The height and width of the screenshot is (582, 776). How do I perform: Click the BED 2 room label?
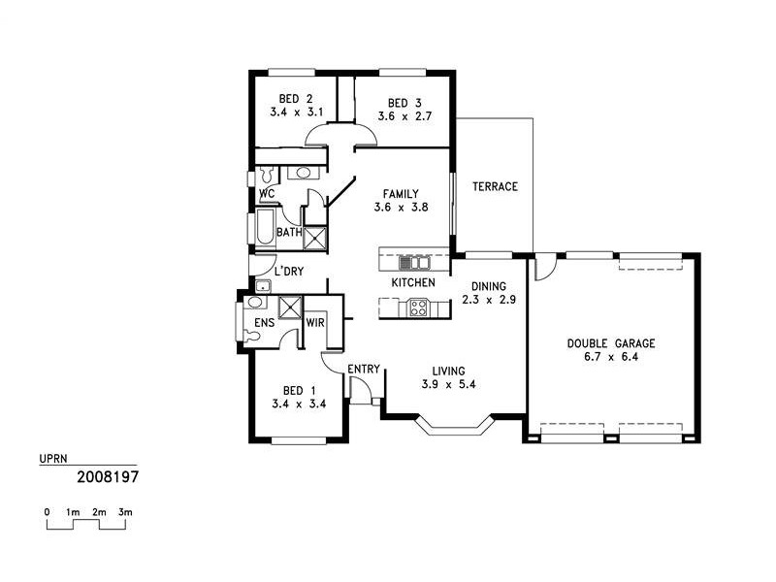pos(295,99)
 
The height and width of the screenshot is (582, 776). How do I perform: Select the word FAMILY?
pos(401,193)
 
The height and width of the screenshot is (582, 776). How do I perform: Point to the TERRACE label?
pos(495,186)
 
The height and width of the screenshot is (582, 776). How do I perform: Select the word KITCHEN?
pos(412,282)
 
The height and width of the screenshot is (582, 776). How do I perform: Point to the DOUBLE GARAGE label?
pos(611,343)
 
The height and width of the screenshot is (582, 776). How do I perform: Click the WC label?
pos(266,193)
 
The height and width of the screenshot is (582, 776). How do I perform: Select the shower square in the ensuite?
pos(291,307)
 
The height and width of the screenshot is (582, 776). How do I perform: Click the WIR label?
pos(315,322)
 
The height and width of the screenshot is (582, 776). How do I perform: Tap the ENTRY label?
pos(364,369)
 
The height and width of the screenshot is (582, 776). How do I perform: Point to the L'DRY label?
pos(289,272)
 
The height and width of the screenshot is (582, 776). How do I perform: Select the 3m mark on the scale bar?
pos(125,511)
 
